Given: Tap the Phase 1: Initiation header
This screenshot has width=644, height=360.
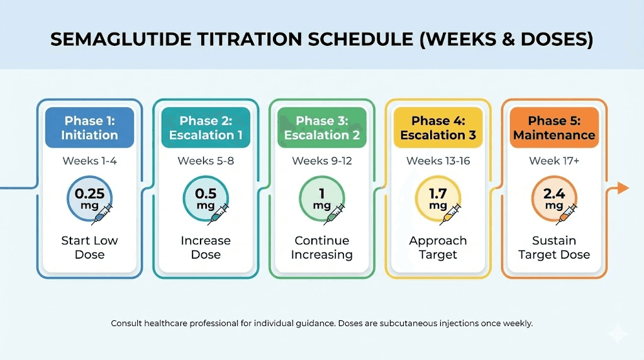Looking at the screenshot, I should (x=89, y=128).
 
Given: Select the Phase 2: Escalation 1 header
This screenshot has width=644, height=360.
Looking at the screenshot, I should (x=206, y=128).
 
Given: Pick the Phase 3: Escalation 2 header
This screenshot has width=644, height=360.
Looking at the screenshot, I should (x=321, y=128).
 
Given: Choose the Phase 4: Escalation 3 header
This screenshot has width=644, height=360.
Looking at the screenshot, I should (x=438, y=128).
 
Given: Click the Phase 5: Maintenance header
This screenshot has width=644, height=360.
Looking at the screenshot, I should (x=554, y=128).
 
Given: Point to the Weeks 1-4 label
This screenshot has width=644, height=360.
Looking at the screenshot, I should (x=89, y=161).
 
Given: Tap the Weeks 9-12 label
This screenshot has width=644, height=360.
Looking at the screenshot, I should (x=321, y=161).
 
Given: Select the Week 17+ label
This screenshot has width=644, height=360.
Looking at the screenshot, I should (x=554, y=161).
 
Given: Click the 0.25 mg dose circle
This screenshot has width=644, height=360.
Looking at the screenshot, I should (x=89, y=199).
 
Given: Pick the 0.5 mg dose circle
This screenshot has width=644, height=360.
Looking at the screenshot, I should (x=206, y=199).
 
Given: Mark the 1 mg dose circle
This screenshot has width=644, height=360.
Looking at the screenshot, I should (x=321, y=199).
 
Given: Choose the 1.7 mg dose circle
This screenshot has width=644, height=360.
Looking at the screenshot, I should (x=438, y=199).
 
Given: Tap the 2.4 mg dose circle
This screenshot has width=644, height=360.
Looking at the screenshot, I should (x=554, y=199).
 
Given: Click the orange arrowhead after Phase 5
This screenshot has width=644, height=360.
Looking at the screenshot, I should (x=623, y=188).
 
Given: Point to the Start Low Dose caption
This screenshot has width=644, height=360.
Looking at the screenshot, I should (x=89, y=247).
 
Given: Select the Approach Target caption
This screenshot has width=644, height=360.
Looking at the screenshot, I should (x=438, y=247).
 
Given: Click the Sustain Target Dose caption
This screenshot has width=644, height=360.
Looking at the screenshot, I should (x=554, y=247).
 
